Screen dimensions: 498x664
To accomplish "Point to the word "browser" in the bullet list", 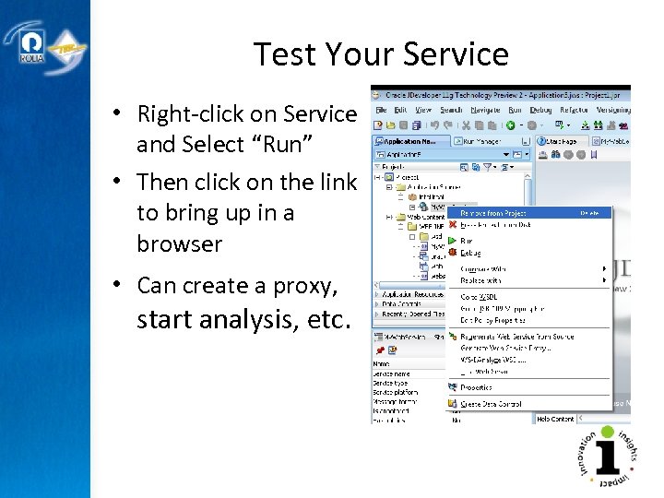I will click(180, 244).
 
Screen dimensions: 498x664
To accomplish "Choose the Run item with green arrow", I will click(466, 241).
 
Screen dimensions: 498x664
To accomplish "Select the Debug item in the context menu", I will click(469, 252).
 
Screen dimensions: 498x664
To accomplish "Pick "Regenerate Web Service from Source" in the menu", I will click(516, 337).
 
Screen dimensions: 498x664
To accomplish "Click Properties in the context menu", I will click(476, 388).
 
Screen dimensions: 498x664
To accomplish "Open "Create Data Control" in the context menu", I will click(491, 404).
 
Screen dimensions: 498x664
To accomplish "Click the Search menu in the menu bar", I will click(451, 110).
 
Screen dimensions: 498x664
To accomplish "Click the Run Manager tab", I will click(480, 141).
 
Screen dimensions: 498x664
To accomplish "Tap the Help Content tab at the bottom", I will click(555, 419).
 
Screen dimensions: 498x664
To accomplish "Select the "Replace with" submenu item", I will click(481, 279).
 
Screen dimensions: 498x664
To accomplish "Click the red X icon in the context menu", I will click(452, 223).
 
